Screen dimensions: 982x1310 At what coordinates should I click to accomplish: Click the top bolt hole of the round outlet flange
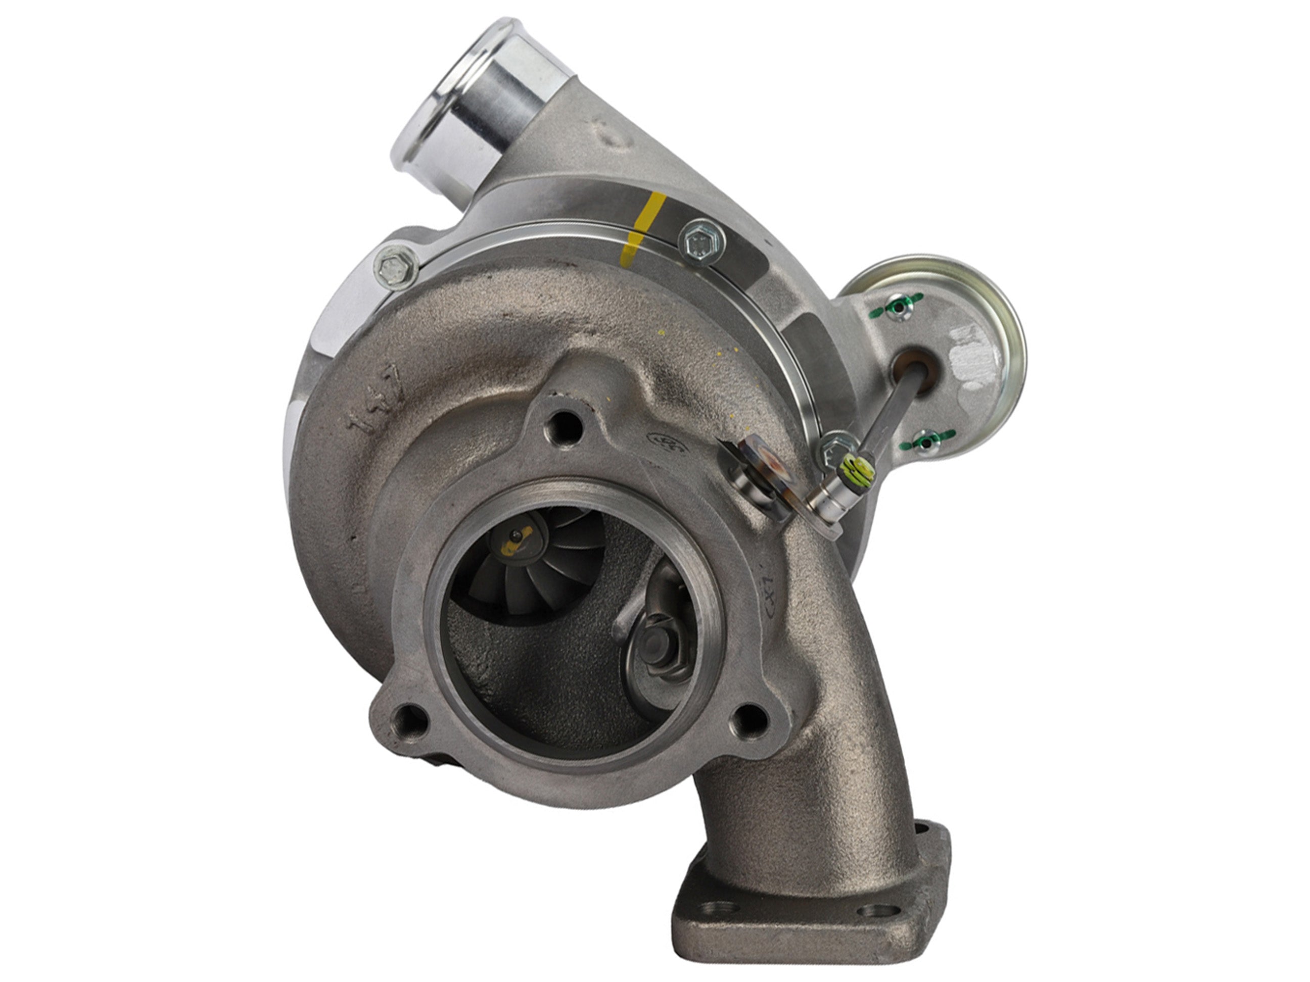pos(565,427)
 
